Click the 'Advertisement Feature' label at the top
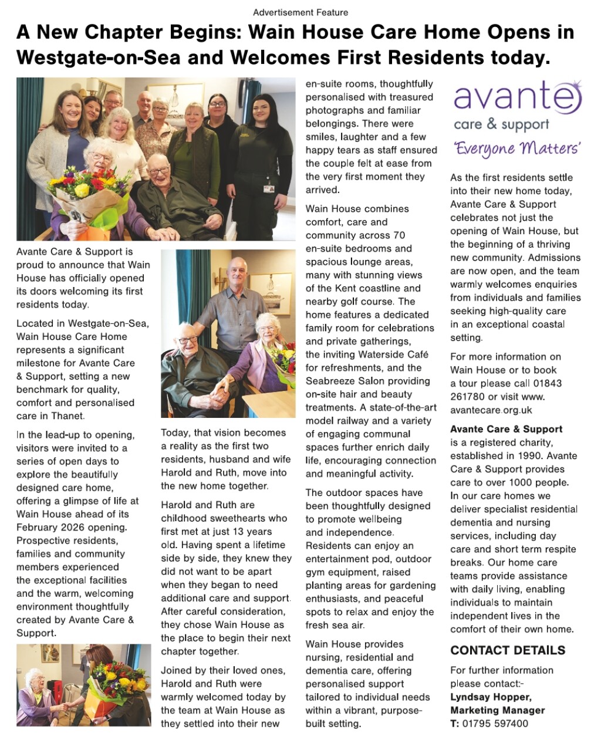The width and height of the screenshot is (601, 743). coord(300,12)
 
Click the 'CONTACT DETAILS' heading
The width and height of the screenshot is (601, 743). coord(508,650)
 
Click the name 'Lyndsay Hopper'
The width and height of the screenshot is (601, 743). coord(491,697)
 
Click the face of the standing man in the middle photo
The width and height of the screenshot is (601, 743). coord(238,275)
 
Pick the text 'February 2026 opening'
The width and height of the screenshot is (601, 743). coord(72,527)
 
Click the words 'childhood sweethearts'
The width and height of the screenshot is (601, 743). coord(224,518)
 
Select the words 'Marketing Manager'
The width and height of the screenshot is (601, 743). coord(497,710)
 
